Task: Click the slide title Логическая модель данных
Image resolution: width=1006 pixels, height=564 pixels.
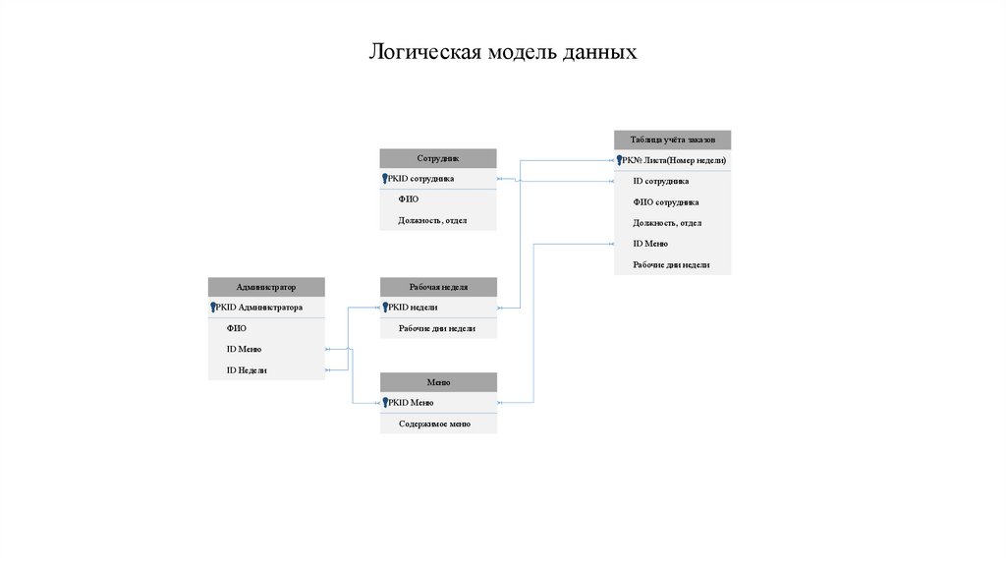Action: click(x=503, y=51)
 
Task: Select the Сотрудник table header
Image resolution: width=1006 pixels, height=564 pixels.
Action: click(x=438, y=158)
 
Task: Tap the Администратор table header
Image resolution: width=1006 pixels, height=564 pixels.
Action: click(x=265, y=287)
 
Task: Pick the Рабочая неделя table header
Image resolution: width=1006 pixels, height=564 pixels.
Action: click(x=438, y=287)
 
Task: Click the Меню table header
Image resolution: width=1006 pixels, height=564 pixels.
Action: click(x=438, y=382)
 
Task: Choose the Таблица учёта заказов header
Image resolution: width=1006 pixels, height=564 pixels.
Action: click(x=672, y=141)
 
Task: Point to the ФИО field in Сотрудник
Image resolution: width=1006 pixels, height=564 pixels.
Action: click(x=409, y=199)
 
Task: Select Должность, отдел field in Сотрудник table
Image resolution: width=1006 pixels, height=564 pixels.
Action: click(x=432, y=220)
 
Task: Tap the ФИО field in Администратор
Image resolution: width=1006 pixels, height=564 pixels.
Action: click(x=236, y=328)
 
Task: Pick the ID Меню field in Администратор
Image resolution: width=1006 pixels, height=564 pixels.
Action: click(x=244, y=349)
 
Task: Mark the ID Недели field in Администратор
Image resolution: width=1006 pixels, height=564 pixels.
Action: click(x=247, y=370)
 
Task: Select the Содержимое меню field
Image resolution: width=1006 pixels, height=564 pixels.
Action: click(x=434, y=424)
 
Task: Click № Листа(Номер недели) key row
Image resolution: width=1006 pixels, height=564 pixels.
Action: click(x=678, y=160)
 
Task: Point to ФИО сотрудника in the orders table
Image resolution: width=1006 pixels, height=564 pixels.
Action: click(x=665, y=201)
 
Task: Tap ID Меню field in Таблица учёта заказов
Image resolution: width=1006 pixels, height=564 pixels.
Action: click(x=650, y=244)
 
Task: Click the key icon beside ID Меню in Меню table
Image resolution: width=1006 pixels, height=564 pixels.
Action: click(x=385, y=403)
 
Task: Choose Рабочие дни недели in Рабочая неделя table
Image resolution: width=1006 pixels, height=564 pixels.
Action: click(x=437, y=328)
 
